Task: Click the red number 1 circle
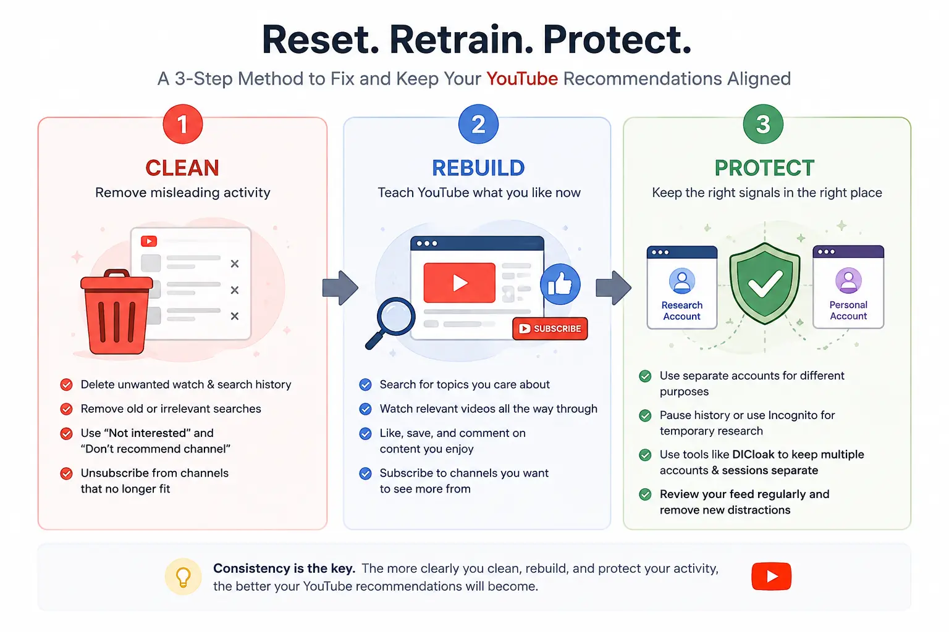183,124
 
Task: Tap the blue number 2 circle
478,124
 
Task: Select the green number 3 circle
763,124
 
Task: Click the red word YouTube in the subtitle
522,79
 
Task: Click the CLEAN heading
183,168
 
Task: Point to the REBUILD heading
478,168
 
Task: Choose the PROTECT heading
764,168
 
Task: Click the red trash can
117,312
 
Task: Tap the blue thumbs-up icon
560,285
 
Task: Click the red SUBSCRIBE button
550,328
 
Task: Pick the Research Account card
681,288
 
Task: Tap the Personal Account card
848,287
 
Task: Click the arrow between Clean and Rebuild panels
340,288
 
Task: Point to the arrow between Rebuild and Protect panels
614,288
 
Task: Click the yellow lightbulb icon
183,576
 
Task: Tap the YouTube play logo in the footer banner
771,576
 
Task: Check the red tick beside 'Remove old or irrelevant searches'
66,409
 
